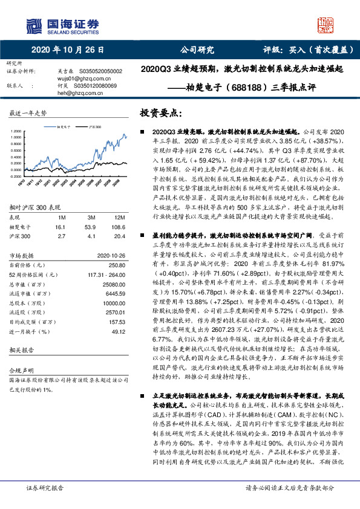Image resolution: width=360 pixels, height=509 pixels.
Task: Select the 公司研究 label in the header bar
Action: [197, 51]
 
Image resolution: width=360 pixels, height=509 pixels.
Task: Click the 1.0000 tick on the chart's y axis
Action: [17, 137]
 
